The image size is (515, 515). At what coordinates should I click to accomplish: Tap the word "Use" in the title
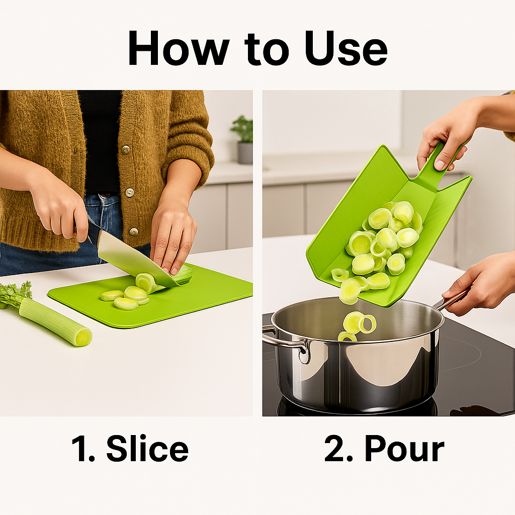coord(346,48)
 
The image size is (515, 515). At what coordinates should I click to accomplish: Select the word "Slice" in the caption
coord(147,449)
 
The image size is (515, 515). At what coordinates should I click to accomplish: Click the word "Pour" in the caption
coord(404,449)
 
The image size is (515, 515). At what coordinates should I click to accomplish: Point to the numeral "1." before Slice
coord(83,449)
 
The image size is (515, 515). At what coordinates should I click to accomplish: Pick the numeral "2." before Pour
coord(338,449)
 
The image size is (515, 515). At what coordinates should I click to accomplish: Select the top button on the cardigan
coord(125,150)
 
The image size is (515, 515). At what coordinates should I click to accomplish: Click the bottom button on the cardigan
coord(133,232)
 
